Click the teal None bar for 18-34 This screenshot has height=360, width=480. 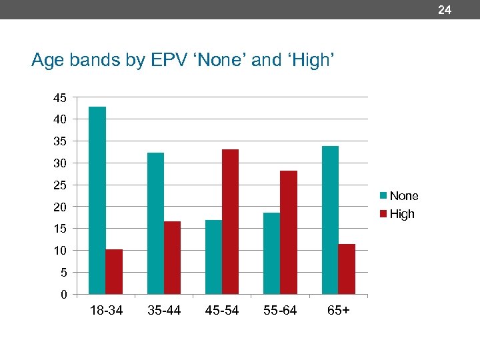tap(97, 200)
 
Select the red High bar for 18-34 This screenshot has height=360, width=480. tap(114, 271)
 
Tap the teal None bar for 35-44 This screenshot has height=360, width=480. tap(155, 223)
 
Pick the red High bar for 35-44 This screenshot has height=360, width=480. tap(172, 257)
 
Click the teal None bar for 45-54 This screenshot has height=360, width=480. tap(213, 257)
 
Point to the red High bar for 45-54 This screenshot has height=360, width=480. tap(231, 221)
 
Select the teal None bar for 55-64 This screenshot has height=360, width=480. tap(271, 253)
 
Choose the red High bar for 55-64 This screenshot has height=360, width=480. tap(289, 232)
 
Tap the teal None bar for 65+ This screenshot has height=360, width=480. tap(330, 220)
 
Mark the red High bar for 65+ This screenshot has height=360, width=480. tap(347, 269)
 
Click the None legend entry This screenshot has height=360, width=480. tap(399, 196)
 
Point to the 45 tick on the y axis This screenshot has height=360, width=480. tap(60, 97)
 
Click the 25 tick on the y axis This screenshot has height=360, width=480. tap(60, 185)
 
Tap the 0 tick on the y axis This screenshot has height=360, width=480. tap(63, 295)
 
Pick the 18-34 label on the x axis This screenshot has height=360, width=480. tap(106, 311)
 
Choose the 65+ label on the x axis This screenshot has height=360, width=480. tap(338, 311)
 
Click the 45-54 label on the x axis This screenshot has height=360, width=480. tap(222, 311)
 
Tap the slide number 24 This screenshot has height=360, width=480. tap(445, 10)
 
